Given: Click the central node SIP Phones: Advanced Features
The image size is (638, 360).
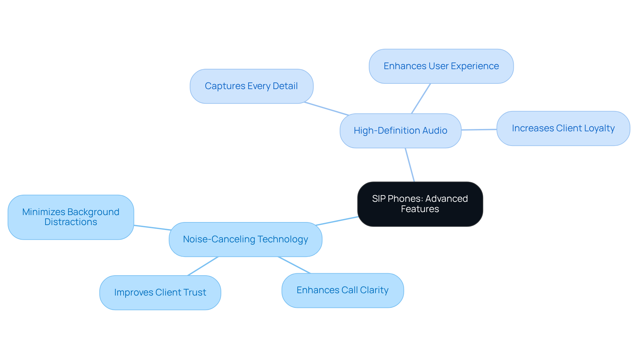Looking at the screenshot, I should click(x=420, y=204).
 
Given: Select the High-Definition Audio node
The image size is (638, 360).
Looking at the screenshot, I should click(x=400, y=131).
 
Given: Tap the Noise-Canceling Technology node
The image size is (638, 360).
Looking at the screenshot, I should click(x=245, y=239).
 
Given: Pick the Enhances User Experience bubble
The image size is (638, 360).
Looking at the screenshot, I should click(x=441, y=66).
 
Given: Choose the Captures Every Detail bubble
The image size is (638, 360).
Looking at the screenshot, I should click(x=251, y=86).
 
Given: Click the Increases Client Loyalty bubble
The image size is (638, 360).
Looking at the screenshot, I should click(x=563, y=128).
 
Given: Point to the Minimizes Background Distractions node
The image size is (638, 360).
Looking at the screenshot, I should click(x=71, y=217).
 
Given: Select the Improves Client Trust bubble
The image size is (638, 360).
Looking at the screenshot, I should click(x=160, y=293).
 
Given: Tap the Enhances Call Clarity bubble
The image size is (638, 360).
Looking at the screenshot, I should click(x=342, y=290).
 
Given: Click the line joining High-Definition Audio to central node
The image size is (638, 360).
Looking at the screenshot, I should click(x=410, y=165).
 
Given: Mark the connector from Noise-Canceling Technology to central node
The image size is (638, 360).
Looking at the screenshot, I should click(x=337, y=221).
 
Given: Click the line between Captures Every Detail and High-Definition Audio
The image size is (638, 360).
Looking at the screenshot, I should click(x=326, y=109).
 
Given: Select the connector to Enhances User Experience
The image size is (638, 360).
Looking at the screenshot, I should click(x=421, y=98).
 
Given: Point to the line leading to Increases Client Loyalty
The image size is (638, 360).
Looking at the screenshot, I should click(x=479, y=130).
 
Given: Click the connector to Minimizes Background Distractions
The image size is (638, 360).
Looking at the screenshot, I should click(x=152, y=228).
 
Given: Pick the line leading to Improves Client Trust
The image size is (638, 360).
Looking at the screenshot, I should click(x=203, y=266).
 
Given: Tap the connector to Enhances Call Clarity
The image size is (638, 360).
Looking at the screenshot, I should click(x=294, y=265).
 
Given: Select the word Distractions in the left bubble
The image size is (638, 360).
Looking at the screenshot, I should click(x=71, y=222).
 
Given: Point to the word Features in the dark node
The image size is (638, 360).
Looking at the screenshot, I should click(x=420, y=209).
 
